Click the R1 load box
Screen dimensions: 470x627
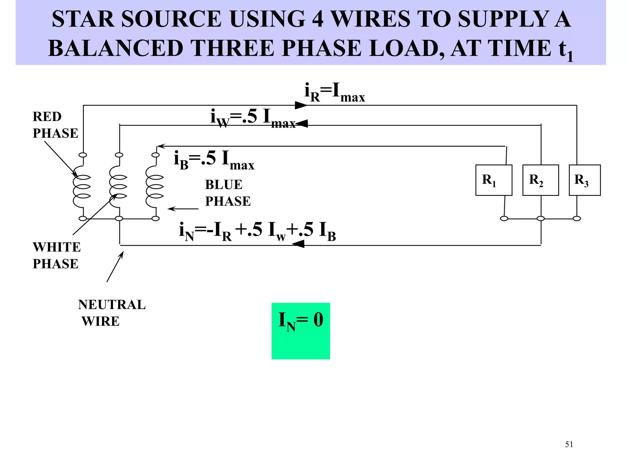click(494, 180)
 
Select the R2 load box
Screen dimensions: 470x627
click(540, 180)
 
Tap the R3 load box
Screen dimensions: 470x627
click(584, 180)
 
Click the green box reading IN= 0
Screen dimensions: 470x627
click(300, 330)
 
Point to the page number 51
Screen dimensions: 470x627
click(569, 444)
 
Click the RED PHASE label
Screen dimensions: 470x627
click(55, 125)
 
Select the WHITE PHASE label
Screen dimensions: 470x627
click(56, 255)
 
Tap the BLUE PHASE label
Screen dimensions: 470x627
click(227, 193)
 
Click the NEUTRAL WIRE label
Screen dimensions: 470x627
click(111, 313)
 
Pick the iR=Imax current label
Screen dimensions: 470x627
click(334, 92)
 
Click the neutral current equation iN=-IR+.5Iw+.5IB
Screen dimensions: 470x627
click(257, 232)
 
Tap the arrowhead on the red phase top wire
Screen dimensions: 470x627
click(301, 105)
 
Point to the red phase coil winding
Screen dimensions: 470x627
click(81, 187)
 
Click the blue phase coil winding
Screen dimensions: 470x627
click(155, 187)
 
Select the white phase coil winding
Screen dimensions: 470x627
click(118, 187)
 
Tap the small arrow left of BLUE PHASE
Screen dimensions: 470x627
click(183, 209)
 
